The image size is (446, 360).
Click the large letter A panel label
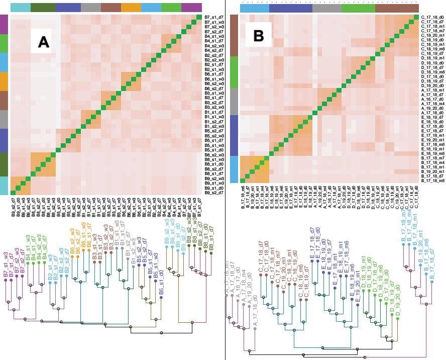[x=44, y=42]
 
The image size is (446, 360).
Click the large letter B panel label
[x=259, y=36]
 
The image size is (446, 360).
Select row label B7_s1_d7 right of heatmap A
[x=214, y=18]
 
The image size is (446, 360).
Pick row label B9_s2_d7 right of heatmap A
[x=214, y=193]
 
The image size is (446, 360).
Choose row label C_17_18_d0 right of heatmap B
[x=431, y=18]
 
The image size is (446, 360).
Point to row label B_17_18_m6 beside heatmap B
[x=431, y=181]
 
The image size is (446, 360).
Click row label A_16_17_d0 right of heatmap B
[x=431, y=99]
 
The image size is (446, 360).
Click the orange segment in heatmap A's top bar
[x=131, y=8]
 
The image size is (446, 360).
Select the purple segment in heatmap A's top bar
[x=191, y=8]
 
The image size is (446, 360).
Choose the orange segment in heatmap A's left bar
[x=4, y=81]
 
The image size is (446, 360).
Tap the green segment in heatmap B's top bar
[x=358, y=9]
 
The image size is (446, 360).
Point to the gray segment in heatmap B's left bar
[x=234, y=102]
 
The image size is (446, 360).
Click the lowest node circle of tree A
[x=161, y=332]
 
